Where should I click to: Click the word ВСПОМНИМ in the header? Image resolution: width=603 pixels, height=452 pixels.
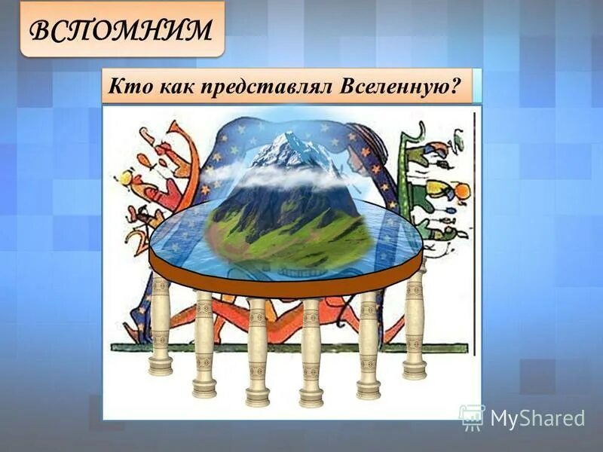[x=121, y=29]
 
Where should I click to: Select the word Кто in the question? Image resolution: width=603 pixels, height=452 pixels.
[x=125, y=86]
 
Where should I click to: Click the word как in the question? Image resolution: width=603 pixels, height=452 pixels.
[x=173, y=86]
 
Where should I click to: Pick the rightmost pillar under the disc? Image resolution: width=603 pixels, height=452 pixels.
[x=415, y=320]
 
